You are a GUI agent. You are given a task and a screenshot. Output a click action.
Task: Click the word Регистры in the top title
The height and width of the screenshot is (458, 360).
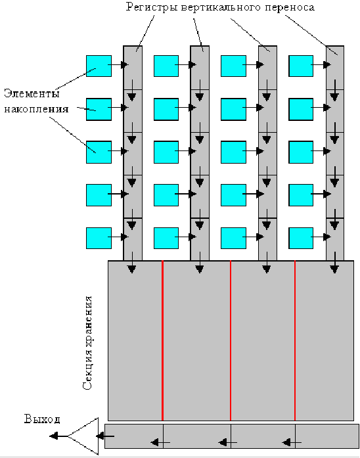152,7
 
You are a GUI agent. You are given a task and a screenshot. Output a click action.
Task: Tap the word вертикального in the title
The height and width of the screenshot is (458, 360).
221,7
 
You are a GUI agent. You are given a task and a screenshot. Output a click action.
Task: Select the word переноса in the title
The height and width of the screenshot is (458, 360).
290,7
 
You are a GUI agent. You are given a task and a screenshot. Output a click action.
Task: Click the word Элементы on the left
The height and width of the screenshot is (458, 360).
32,93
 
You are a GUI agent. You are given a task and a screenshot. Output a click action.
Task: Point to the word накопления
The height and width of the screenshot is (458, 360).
36,109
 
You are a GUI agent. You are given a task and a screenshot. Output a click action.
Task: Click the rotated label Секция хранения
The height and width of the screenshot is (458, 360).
87,342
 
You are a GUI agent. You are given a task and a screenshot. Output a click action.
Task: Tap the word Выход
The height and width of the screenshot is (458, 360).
42,419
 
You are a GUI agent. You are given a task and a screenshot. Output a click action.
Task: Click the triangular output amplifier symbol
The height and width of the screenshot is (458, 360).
83,436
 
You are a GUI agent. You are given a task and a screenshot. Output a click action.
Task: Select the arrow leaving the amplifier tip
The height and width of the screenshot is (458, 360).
58,436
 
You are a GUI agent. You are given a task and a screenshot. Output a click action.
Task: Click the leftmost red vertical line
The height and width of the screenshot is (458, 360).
162,340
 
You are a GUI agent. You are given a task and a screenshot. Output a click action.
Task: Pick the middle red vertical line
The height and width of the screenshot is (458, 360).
231,340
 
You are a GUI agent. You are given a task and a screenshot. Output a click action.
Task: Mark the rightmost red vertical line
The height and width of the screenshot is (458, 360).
295,340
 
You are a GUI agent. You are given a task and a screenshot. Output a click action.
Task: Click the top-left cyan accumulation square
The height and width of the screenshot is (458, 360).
99,66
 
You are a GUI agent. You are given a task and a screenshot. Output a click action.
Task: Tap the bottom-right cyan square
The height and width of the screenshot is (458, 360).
301,238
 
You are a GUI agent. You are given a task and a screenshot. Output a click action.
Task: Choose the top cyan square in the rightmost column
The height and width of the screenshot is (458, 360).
301,66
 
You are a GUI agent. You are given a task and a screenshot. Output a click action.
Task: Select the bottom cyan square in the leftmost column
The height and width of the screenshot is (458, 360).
99,238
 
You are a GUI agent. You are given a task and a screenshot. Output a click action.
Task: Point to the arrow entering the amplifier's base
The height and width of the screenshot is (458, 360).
105,436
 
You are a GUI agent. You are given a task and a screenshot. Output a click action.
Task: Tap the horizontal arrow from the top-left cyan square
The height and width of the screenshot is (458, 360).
118,64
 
